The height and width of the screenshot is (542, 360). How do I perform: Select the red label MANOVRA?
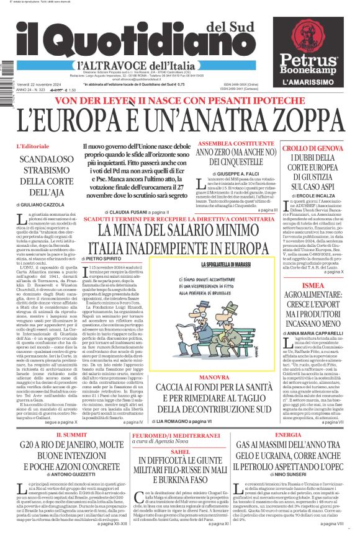(x=231, y=375)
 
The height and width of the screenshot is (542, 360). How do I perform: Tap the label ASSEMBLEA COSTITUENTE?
(x=226, y=143)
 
